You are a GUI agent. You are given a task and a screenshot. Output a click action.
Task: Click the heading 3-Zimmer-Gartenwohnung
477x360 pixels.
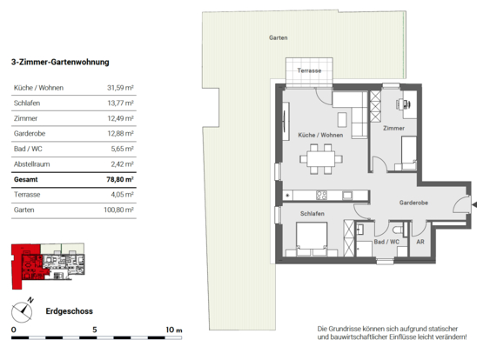pos(60,62)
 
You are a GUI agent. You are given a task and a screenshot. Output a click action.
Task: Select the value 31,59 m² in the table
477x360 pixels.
pos(120,88)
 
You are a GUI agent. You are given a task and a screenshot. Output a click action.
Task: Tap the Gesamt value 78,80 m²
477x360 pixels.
pos(120,179)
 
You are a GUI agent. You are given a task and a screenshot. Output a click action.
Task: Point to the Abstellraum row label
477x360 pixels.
pos(31,164)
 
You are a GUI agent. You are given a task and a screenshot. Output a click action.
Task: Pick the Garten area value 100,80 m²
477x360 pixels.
pos(118,210)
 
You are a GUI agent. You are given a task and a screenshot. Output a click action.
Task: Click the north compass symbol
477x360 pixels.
pos(23,310)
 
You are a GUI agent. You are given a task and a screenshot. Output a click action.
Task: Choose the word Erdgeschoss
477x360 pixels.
pos(69,311)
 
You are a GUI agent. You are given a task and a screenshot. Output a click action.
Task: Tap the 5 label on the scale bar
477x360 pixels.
pos(95,330)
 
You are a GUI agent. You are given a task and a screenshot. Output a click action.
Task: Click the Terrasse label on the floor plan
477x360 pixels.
pos(309,70)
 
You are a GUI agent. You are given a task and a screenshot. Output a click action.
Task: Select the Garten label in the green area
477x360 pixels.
pos(278,37)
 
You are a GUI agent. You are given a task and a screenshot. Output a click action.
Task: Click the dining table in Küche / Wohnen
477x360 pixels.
pos(321,159)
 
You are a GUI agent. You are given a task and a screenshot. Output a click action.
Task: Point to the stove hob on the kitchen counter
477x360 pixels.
pos(321,195)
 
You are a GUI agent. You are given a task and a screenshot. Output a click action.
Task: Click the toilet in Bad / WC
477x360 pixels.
pos(397,230)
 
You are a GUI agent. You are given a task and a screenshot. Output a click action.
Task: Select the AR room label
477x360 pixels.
pos(420,242)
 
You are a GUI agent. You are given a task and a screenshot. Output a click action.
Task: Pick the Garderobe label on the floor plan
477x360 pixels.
pos(413,203)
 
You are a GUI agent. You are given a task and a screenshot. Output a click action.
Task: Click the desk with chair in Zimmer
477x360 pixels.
pos(406,105)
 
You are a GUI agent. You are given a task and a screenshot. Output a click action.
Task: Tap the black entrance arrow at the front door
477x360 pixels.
pos(474,205)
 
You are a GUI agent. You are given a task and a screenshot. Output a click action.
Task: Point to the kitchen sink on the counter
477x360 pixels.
pos(347,195)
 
